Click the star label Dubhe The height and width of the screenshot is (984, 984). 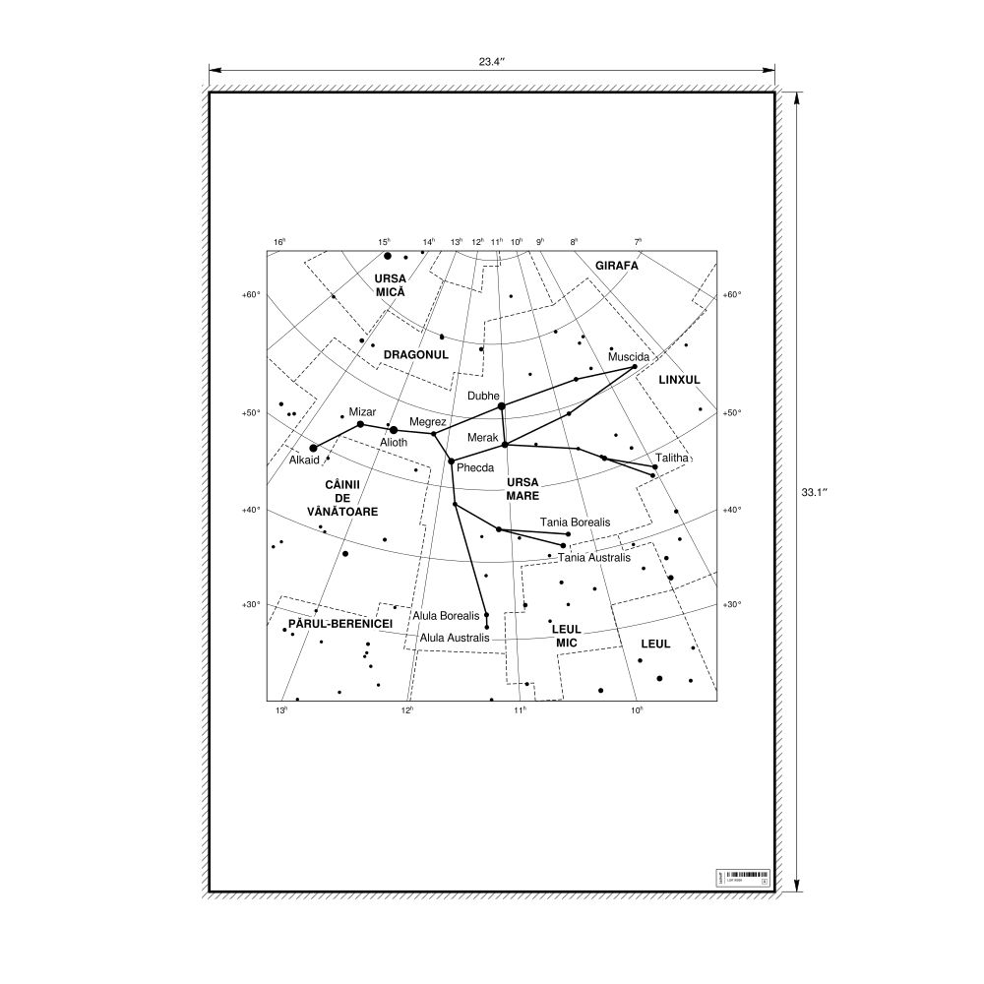[484, 396]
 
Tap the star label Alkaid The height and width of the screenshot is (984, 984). [305, 460]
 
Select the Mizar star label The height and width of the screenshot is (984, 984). [362, 412]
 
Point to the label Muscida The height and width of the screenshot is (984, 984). [629, 356]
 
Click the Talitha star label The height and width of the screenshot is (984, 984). [672, 458]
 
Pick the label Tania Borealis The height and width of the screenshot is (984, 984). [576, 522]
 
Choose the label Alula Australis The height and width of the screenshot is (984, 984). [455, 638]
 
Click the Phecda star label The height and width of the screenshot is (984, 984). [475, 467]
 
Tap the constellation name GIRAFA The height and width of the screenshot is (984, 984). [617, 266]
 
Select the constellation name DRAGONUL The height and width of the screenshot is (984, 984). [416, 354]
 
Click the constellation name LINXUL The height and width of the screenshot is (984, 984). [679, 379]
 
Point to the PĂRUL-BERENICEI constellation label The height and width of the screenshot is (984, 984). [340, 625]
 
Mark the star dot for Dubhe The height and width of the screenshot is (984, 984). [502, 405]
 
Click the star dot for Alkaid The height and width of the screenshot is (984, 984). [313, 448]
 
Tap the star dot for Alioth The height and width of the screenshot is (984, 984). [394, 430]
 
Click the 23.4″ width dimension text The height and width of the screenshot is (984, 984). [491, 62]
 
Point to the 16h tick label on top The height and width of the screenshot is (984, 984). [279, 241]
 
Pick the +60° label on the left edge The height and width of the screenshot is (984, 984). [250, 294]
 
